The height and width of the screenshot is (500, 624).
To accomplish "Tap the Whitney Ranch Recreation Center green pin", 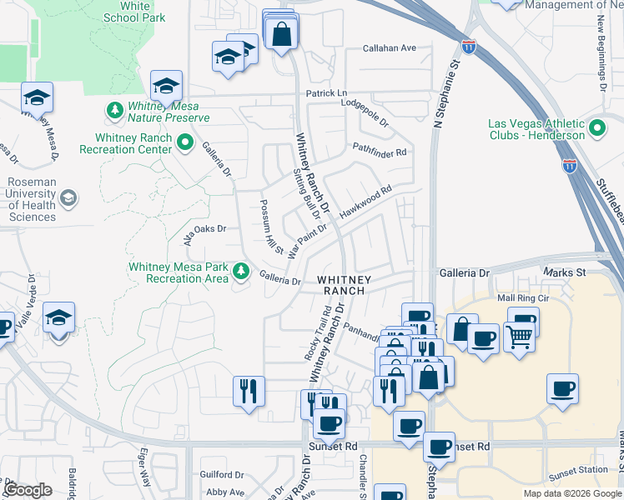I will [x=184, y=142].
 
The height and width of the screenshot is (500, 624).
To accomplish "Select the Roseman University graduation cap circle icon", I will [x=68, y=198].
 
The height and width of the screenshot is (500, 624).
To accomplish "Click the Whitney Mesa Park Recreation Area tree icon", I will [x=241, y=271].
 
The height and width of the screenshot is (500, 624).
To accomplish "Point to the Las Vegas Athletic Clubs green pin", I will [x=597, y=128].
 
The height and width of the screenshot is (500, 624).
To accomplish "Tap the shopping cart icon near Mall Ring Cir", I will [x=519, y=336].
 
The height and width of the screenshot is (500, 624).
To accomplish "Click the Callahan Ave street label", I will [x=389, y=48].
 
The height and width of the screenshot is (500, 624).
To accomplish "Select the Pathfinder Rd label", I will [x=379, y=152].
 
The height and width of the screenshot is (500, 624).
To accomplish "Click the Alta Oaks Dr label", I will [x=205, y=231].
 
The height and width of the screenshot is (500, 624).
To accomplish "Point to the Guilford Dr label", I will [x=222, y=474].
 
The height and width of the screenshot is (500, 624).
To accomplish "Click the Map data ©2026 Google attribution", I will [x=571, y=493].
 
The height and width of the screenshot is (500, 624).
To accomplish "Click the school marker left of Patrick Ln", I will [x=166, y=86].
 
